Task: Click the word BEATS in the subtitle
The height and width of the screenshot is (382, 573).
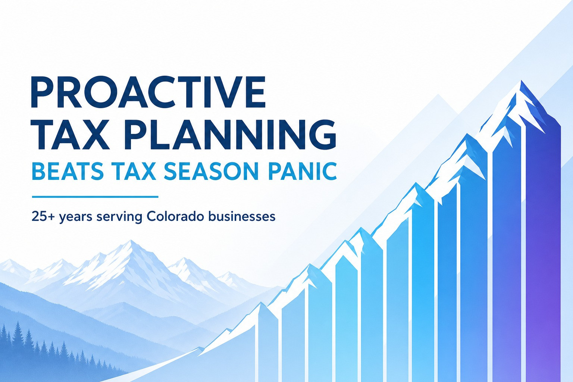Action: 70,171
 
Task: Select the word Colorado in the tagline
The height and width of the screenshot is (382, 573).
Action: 175,216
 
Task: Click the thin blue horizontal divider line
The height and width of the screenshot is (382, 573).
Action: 95,197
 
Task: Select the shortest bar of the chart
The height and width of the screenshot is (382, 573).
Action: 268,343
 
